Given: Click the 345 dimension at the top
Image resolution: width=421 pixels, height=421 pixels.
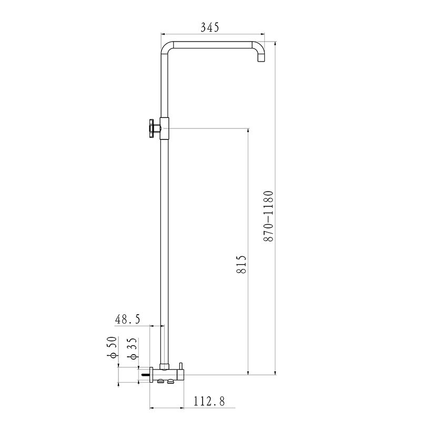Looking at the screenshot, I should (209, 26).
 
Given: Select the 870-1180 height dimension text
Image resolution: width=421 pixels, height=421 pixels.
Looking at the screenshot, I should (269, 216).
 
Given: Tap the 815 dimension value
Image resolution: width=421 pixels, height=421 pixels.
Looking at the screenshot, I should (242, 265).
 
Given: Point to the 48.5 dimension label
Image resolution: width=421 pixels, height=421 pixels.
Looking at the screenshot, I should (128, 319).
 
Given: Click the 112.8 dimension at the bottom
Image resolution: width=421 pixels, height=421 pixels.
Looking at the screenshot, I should (209, 402).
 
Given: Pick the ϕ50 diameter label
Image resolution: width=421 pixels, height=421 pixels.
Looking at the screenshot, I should (112, 349).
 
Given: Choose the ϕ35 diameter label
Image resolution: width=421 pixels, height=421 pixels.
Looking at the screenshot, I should (134, 349).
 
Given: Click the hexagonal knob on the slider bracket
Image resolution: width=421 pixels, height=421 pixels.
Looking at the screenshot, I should (153, 128).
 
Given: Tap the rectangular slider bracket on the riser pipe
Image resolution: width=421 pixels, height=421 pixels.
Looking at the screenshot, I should (165, 128).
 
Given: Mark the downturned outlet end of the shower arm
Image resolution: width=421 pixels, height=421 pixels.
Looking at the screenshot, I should (260, 59).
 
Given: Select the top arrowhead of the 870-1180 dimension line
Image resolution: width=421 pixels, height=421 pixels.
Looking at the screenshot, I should (275, 42).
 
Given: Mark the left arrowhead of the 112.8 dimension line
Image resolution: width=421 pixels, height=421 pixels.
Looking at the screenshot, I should (153, 408).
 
